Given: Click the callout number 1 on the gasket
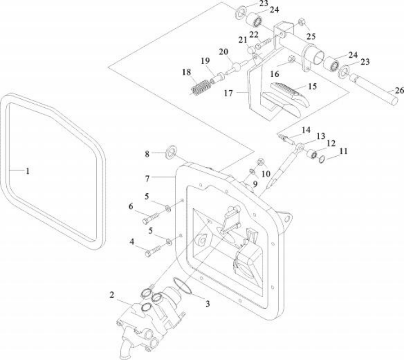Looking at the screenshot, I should pyautogui.click(x=28, y=171).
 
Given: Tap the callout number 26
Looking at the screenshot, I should pyautogui.click(x=399, y=91).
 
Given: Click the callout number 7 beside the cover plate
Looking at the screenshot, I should pyautogui.click(x=147, y=179).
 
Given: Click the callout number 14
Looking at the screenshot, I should pyautogui.click(x=306, y=130).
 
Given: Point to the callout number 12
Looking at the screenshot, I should pyautogui.click(x=331, y=143).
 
